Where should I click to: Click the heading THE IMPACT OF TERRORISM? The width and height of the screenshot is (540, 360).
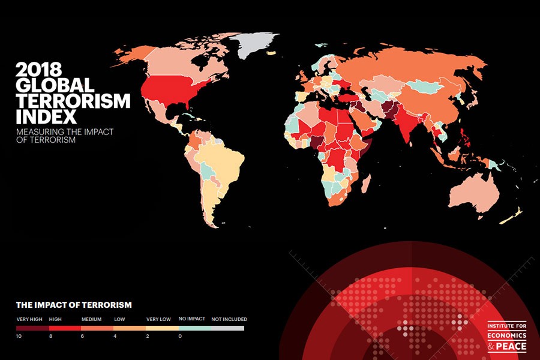[74, 305]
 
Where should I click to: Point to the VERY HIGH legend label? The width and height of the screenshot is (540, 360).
[29, 319]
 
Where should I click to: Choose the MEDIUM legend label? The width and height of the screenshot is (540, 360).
[92, 319]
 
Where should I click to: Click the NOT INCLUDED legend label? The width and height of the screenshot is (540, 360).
[229, 319]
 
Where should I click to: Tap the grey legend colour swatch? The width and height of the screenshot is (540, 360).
[227, 329]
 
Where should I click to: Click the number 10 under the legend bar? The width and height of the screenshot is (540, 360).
[20, 337]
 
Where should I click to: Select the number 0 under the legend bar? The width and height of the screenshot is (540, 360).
[180, 337]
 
